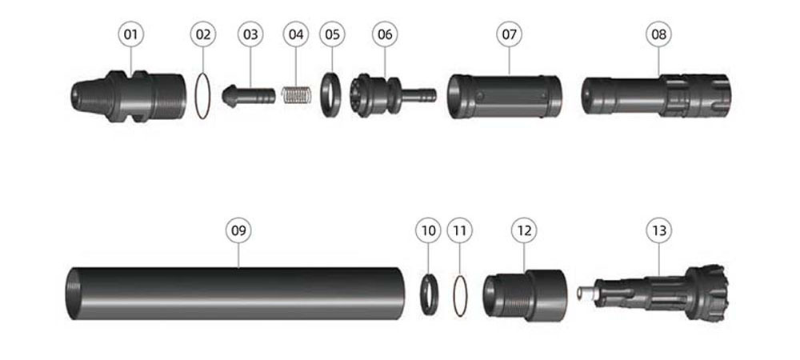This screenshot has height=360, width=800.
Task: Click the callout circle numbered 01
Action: [131, 34]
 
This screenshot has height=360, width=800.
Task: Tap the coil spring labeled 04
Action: [297, 96]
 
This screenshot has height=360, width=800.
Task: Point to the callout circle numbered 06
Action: [386, 34]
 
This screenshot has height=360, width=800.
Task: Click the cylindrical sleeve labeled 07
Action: [505, 96]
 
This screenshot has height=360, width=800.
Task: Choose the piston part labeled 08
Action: [657, 95]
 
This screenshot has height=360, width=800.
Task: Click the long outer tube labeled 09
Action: [236, 294]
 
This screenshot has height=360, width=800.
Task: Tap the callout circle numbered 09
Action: [238, 230]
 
